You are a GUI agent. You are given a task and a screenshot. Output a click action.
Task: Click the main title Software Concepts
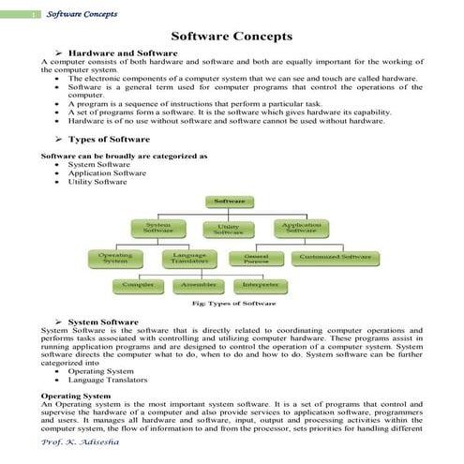tap(232, 35)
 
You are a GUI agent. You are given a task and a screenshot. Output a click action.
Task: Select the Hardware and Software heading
tap(116, 54)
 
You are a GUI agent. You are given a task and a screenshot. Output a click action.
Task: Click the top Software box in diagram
tap(230, 202)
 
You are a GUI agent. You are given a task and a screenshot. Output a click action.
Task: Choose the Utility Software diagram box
tap(228, 230)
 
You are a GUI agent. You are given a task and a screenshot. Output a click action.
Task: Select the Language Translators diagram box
tap(190, 258)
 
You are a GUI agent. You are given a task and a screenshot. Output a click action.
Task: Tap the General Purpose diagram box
tap(257, 257)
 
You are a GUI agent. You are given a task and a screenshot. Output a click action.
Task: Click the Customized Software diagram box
tap(336, 256)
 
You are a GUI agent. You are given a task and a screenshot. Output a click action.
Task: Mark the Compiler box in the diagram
tap(139, 283)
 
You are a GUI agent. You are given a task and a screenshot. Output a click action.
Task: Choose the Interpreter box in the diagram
tap(259, 283)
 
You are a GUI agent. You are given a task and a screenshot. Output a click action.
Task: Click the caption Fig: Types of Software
tap(232, 304)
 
